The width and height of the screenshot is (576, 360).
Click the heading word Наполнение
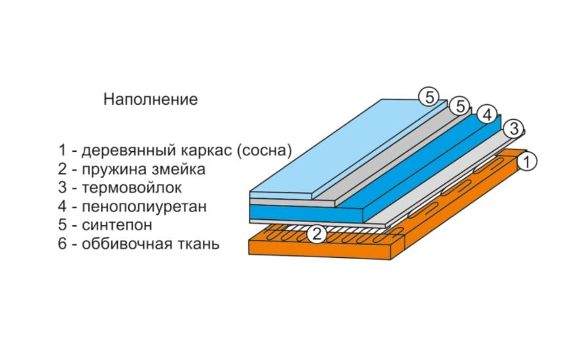coord(150,100)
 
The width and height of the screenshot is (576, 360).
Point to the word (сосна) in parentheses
coord(265,151)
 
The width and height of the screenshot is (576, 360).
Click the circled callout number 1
coord(529,160)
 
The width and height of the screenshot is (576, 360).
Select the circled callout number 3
coord(514,128)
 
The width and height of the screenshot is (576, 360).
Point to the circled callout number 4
coord(486,115)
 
